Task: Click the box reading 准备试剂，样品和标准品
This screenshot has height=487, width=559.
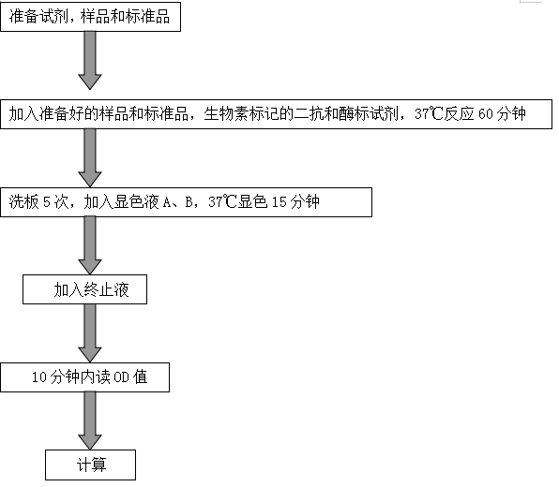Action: pos(91,17)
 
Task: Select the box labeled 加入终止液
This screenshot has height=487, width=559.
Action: pos(84,289)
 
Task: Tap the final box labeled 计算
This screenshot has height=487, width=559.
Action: pos(91,465)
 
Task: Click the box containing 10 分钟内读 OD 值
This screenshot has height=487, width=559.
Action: pos(84,377)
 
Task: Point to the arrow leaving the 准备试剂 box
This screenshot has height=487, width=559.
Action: pos(90,60)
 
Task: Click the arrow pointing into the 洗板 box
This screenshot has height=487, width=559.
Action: pos(90,158)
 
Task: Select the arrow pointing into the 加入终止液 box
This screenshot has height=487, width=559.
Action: pos(90,245)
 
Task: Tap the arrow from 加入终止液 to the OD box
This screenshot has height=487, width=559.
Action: pos(90,333)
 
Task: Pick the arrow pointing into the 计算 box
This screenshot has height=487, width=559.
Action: pos(90,421)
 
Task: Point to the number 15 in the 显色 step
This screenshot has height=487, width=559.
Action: pos(279,202)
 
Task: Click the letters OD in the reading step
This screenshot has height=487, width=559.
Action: pos(121,377)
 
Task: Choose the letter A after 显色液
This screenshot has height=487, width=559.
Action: pos(167,202)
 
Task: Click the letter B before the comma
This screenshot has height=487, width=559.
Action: pos(189,202)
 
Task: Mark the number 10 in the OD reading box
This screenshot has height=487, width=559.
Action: pos(39,377)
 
